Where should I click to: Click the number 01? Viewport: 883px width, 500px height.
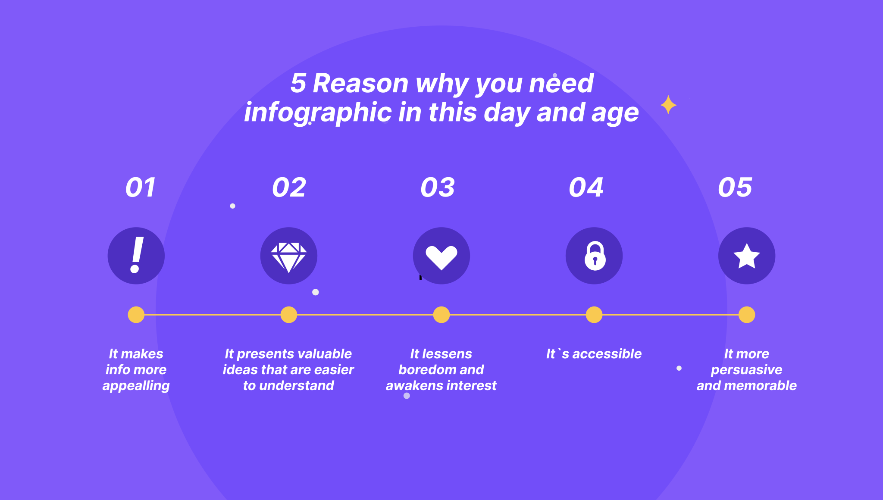[x=140, y=187]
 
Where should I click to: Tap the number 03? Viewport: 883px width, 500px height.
[x=438, y=187]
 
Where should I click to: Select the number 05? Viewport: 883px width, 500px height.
[x=735, y=187]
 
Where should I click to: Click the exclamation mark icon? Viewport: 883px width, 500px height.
[x=136, y=256]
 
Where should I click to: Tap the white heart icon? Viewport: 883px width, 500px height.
[x=441, y=257]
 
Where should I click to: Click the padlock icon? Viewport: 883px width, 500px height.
[x=595, y=256]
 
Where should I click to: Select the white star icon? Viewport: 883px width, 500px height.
[x=747, y=256]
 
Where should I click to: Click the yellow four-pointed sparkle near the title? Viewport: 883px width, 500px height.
[x=668, y=105]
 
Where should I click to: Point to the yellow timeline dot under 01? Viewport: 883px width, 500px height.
[x=136, y=315]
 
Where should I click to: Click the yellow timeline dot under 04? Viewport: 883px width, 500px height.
[x=594, y=315]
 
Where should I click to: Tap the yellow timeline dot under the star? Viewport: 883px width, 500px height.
[x=747, y=315]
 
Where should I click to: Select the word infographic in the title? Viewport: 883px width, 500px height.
[x=318, y=112]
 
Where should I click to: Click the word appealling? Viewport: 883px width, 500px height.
[x=136, y=385]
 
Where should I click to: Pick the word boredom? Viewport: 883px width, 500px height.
[x=427, y=369]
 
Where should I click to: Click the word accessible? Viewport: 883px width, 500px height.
[x=607, y=354]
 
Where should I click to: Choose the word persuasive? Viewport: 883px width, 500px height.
[x=747, y=370]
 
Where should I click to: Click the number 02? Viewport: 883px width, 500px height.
[x=289, y=187]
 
